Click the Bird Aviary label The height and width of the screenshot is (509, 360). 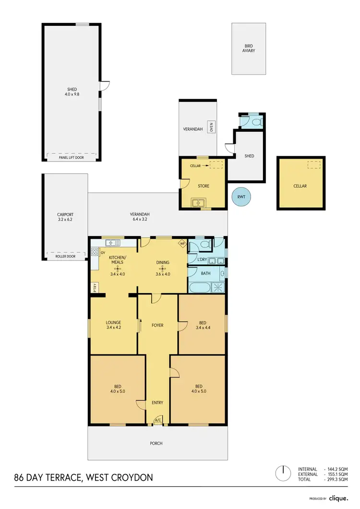click(x=249, y=48)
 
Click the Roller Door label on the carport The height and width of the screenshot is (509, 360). click(x=65, y=256)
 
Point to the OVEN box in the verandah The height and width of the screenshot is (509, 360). click(x=211, y=127)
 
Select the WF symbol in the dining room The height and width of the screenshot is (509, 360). click(x=182, y=243)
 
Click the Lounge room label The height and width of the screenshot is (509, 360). click(x=113, y=322)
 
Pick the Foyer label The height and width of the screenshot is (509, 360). click(x=157, y=325)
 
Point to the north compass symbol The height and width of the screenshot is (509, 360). click(x=283, y=473)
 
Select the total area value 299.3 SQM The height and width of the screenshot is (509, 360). click(x=337, y=479)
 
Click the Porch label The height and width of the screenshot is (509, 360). click(x=156, y=443)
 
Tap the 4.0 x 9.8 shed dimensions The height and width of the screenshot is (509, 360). click(x=72, y=95)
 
